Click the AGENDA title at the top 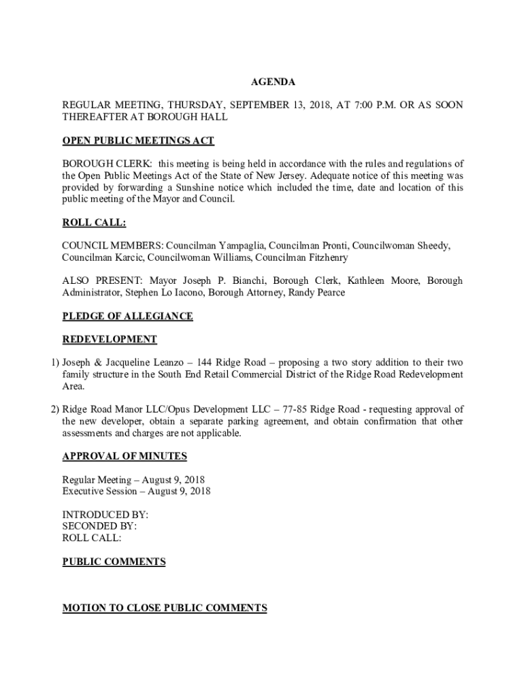(x=273, y=82)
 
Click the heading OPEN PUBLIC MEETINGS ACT (x=138, y=141)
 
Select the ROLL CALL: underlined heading (x=94, y=223)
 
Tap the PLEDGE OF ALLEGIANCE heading (x=127, y=316)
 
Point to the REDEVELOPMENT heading (x=110, y=339)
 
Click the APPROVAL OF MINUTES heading (x=125, y=456)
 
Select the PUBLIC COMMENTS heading (x=114, y=562)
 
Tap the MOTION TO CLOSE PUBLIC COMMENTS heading (x=164, y=608)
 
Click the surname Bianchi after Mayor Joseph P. (x=245, y=280)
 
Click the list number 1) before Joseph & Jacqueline (x=54, y=363)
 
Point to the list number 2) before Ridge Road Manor (x=54, y=410)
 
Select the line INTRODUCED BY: (x=105, y=515)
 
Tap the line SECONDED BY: (x=99, y=526)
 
